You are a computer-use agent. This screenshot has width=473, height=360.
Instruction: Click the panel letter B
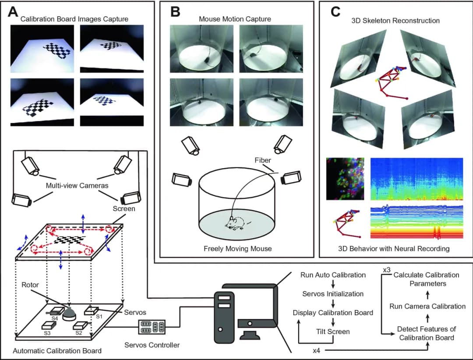pos(175,12)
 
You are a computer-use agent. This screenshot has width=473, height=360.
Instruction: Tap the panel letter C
pos(335,12)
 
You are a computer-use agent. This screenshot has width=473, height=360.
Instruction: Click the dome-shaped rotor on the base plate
pos(70,314)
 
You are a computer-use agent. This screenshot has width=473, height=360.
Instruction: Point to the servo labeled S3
pos(48,326)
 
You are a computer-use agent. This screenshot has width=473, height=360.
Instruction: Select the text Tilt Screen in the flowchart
pos(332,332)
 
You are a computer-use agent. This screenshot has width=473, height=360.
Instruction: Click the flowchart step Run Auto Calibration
pos(333,275)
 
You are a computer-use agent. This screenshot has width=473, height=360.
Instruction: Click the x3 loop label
pos(387,270)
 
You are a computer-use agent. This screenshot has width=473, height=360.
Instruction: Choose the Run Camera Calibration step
pos(427,306)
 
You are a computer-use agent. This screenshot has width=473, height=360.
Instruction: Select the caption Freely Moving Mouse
pos(237,248)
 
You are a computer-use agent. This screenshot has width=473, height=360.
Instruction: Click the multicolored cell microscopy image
pos(345,178)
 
